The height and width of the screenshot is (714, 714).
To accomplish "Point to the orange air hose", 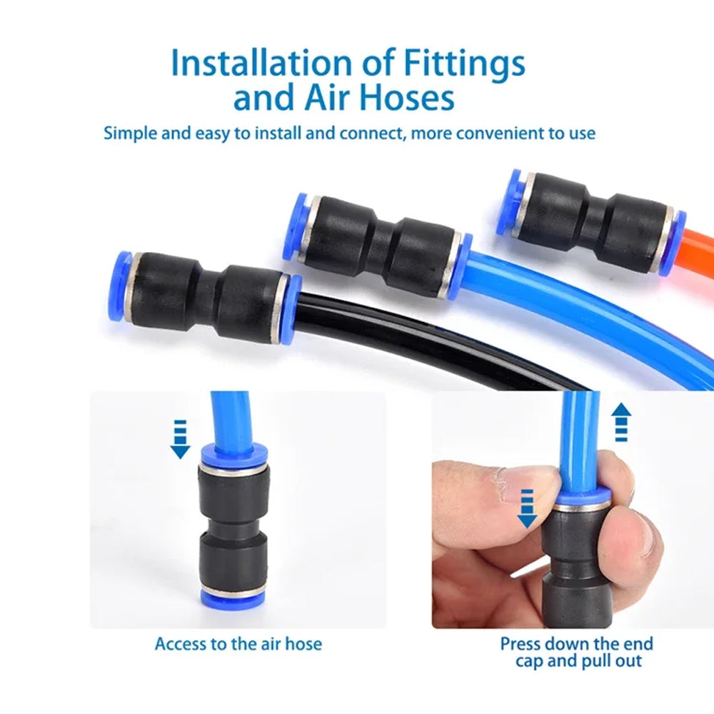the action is (699, 248).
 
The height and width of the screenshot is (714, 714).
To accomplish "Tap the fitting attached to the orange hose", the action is (591, 221).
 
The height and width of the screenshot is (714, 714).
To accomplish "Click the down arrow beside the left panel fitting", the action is (181, 438).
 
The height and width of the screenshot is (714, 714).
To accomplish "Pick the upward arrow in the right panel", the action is (621, 422).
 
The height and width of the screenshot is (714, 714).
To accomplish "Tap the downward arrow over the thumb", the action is (526, 508).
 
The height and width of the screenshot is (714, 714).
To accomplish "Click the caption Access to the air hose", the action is (238, 643).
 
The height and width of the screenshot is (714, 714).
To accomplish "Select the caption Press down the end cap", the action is (576, 652).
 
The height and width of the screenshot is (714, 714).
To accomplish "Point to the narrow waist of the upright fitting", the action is (233, 531).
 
